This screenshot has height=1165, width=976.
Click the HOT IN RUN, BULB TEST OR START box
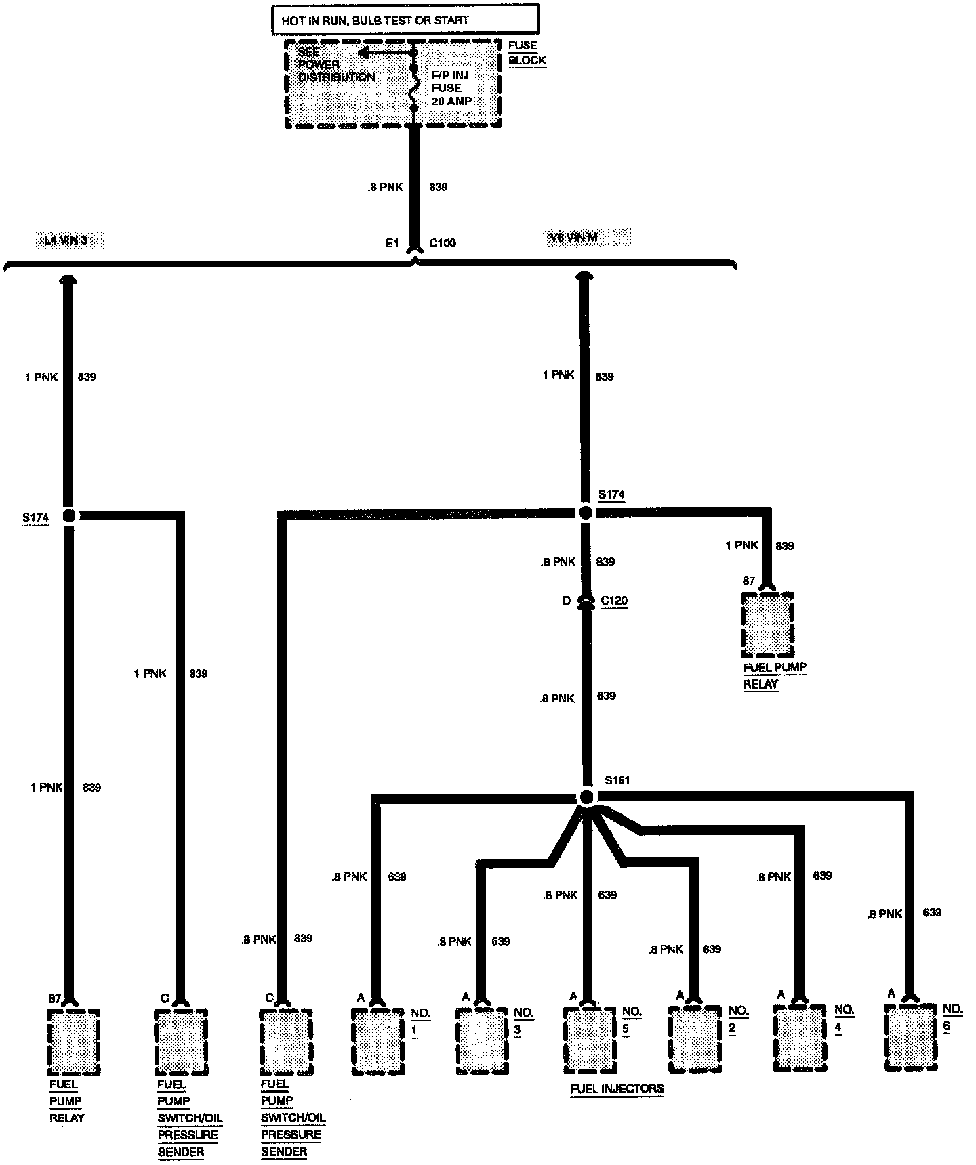pos(405,20)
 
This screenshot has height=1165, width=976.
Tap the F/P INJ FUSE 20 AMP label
pos(451,88)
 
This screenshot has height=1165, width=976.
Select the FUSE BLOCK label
pos(527,53)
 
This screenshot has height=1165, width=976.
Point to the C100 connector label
pos(443,243)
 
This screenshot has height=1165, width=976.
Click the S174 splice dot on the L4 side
pos(69,516)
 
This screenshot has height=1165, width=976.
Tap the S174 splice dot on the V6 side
pos(586,513)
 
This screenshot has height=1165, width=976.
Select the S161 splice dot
pos(587,797)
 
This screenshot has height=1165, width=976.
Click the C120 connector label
pos(614,601)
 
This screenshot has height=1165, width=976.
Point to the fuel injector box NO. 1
pos(378,1041)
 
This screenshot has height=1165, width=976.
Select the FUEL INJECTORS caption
pos(617,1089)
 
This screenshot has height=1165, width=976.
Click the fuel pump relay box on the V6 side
pos(767,625)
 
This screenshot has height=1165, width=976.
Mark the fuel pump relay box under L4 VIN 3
pos(73,1042)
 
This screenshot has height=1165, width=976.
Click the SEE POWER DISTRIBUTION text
pos(336,64)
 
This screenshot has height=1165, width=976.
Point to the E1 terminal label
pos(392,243)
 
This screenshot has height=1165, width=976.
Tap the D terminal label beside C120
pos(567,601)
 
